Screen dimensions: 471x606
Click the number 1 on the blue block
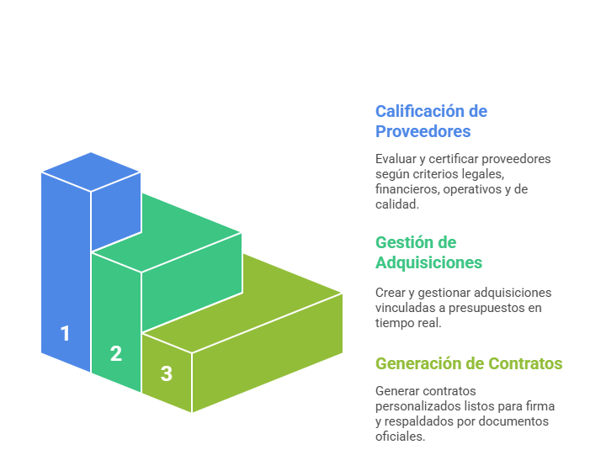[x=65, y=334]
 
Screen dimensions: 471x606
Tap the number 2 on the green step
[x=116, y=354]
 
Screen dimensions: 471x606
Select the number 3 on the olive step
[x=167, y=373]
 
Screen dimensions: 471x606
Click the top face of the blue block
[x=91, y=172]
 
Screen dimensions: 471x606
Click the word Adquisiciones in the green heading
[x=428, y=262]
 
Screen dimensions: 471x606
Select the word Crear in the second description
[x=391, y=293]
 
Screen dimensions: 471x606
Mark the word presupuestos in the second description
[x=491, y=308]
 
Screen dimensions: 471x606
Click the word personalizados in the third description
[x=415, y=406]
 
